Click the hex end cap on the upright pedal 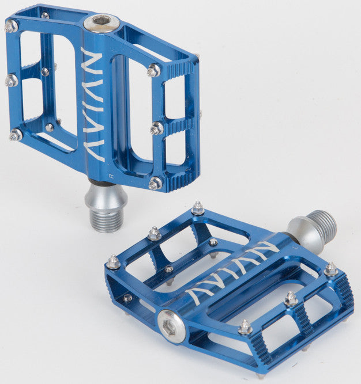click(101, 22)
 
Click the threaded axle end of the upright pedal click(106, 219)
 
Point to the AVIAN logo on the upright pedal click(93, 104)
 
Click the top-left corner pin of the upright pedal click(10, 26)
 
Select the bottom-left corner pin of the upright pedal click(16, 135)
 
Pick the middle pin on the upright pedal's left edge click(11, 81)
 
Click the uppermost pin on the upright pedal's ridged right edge click(153, 70)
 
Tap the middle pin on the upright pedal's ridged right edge click(156, 128)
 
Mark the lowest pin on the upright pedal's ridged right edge click(155, 184)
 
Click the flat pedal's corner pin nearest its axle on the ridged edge click(330, 269)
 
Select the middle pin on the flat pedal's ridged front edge click(291, 298)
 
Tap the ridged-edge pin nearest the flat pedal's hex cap click(245, 327)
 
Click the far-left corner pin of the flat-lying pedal click(113, 263)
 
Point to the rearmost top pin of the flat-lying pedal click(198, 208)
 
